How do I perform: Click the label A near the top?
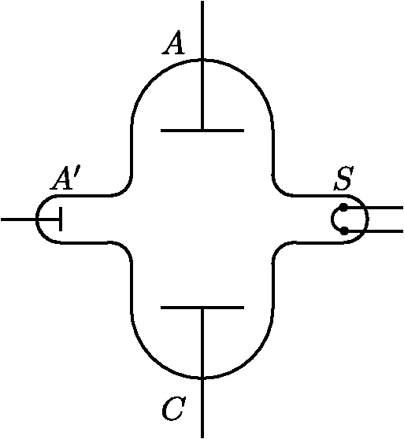[173, 43]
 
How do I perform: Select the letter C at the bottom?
[174, 409]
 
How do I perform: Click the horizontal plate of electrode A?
[202, 131]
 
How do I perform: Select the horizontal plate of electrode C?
[202, 308]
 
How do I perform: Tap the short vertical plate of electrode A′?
[61, 219]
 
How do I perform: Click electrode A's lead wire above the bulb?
[202, 30]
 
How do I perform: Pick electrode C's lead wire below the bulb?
[202, 408]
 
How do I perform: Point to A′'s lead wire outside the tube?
[19, 219]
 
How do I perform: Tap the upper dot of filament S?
[344, 208]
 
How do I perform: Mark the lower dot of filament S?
[344, 231]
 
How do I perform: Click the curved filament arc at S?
[332, 219]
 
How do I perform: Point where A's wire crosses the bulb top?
[202, 60]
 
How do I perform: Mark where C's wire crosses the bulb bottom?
[202, 378]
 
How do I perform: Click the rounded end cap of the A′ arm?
[38, 219]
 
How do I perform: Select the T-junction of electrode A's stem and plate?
[202, 131]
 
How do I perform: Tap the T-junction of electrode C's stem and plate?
[202, 308]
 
